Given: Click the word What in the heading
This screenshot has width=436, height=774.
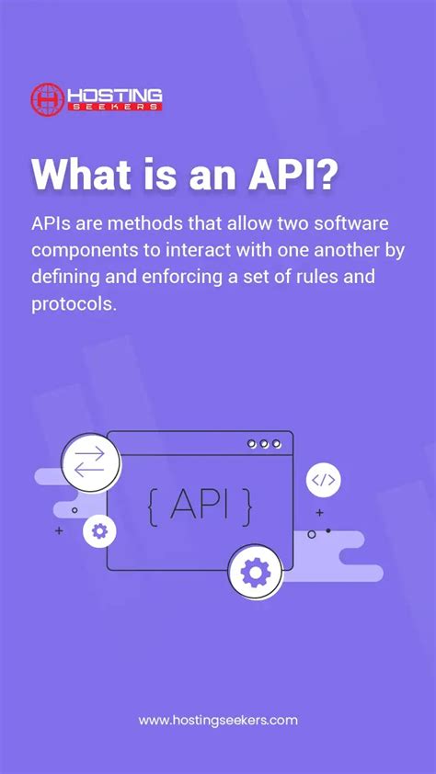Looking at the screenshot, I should (x=82, y=174).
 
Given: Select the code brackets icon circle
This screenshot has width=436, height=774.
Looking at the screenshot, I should (x=324, y=480).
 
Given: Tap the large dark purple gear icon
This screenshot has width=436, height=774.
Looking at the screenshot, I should (x=255, y=572).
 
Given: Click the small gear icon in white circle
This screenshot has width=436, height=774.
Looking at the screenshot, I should (x=99, y=530).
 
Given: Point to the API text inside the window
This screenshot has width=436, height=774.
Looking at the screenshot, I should (x=200, y=504).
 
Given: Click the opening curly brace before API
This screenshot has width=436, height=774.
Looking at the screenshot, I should (x=154, y=505).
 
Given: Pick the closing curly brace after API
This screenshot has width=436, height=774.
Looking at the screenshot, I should (x=247, y=505).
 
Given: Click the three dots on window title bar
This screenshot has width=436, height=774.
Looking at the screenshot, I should (x=264, y=444).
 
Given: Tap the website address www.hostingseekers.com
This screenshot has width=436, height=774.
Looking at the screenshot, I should (x=218, y=721).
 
